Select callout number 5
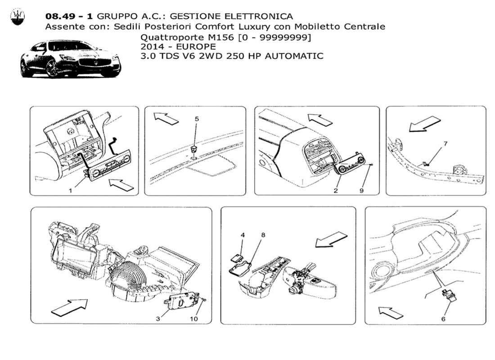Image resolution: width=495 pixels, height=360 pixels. click(x=196, y=119)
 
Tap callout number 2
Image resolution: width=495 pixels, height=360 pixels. click(x=336, y=191)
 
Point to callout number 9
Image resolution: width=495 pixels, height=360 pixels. click(x=361, y=191)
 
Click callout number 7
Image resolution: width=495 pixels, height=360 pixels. click(x=445, y=144)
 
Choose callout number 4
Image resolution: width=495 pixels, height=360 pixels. click(x=243, y=234)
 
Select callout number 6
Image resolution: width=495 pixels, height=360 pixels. click(x=442, y=319)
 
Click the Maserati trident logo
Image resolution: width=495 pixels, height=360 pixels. click(x=17, y=17)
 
